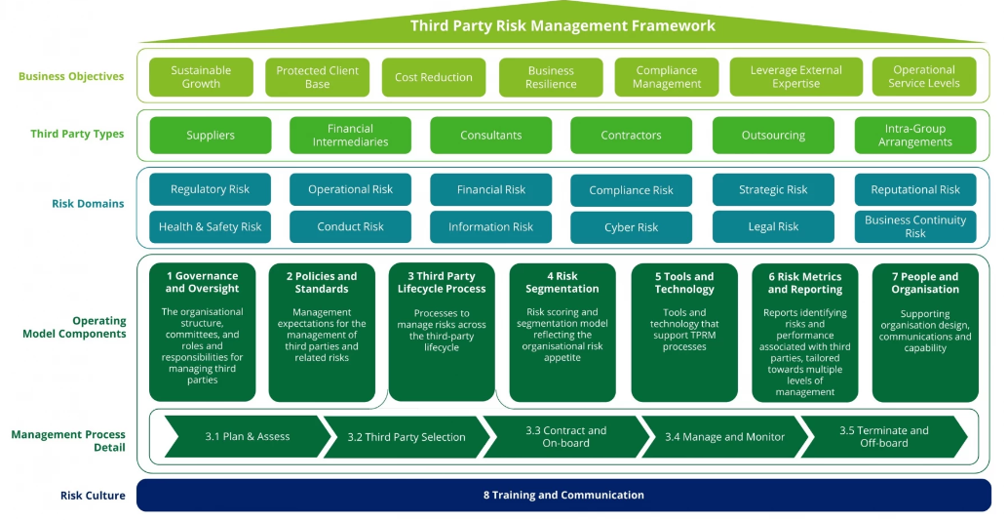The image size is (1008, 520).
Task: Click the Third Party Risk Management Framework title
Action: pos(562,25)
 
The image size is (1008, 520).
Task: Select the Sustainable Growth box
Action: pos(201,77)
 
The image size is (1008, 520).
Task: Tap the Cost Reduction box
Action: pos(433,77)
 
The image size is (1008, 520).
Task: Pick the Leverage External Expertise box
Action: pos(795,77)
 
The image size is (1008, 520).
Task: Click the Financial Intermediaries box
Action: pos(350,136)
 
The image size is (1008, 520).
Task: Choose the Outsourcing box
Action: pos(773,136)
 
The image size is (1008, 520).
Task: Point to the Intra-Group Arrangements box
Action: pos(915,136)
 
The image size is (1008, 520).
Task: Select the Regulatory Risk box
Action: pos(211,189)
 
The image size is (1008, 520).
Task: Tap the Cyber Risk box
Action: pos(632,227)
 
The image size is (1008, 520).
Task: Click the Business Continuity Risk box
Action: pos(915,226)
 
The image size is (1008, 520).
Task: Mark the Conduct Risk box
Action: pos(350,226)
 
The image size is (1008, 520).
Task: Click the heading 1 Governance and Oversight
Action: pos(202,283)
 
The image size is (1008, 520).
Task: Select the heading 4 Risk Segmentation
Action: pos(562,283)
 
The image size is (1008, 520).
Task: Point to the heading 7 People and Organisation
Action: pos(925,283)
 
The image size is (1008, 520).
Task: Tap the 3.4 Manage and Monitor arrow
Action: pos(725,437)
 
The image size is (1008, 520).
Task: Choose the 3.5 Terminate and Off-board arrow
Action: pos(884,437)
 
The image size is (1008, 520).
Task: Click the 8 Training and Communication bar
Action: pos(563,495)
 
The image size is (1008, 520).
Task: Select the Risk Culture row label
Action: pos(93,496)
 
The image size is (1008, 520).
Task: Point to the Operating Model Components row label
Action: pos(74,327)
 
